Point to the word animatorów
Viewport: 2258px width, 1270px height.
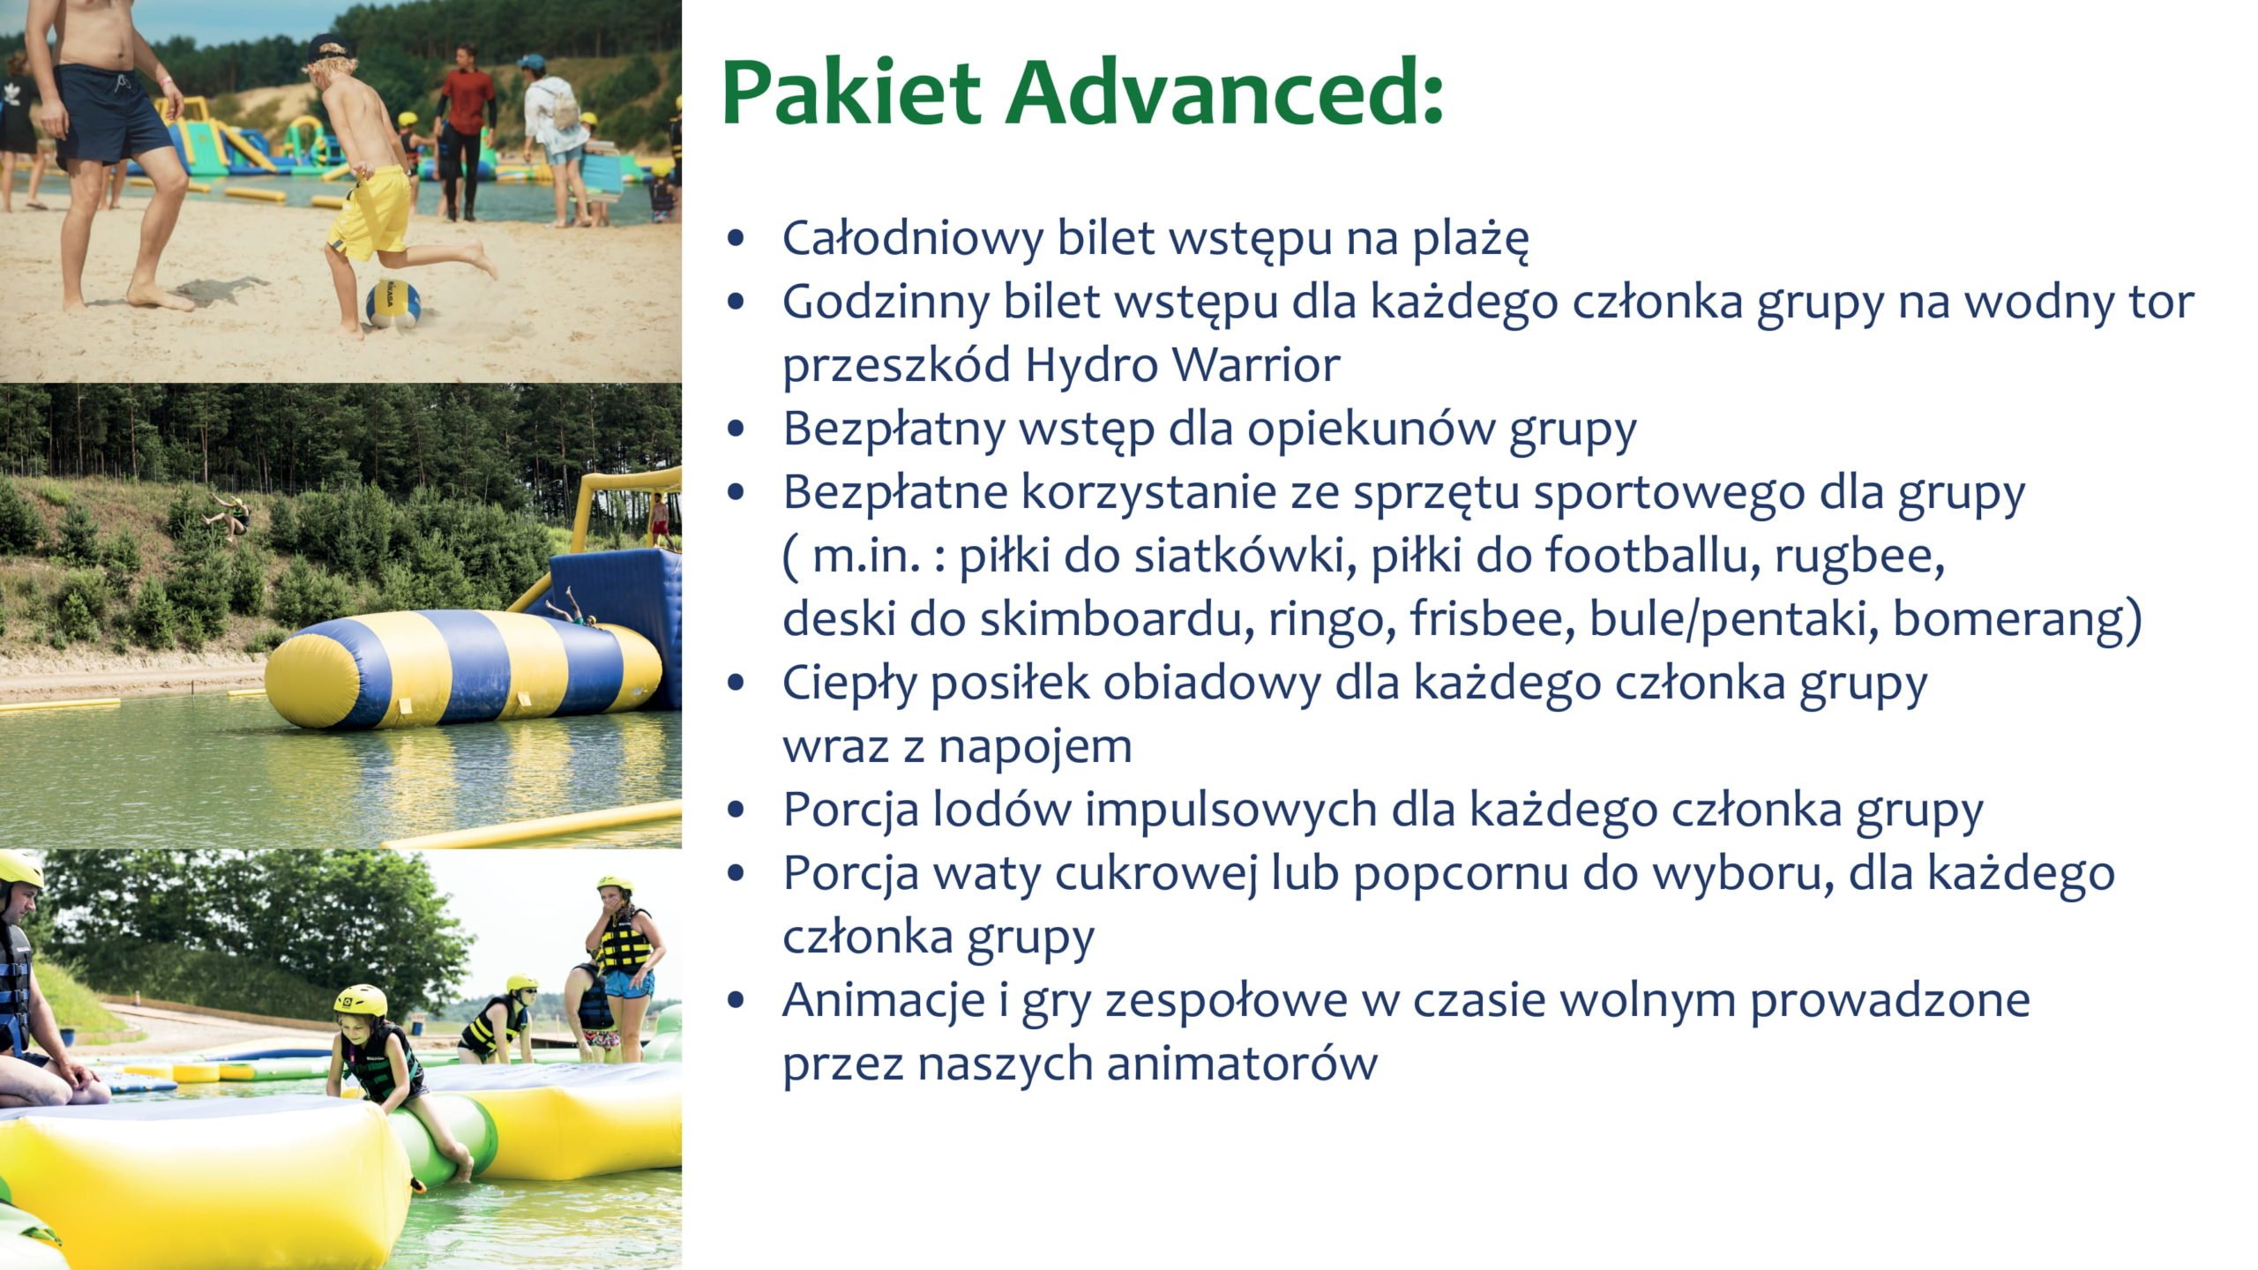pyautogui.click(x=1242, y=1064)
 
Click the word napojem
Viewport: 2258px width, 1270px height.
pyautogui.click(x=1035, y=748)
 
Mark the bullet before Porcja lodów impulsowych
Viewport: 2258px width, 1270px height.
pyautogui.click(x=736, y=811)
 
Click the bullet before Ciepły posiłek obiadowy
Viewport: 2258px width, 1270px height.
pyautogui.click(x=736, y=684)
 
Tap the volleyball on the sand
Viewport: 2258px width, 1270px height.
pyautogui.click(x=393, y=303)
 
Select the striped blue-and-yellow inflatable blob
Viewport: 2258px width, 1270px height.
pyautogui.click(x=463, y=668)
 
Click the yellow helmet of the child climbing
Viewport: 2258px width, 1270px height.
pyautogui.click(x=361, y=1000)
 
